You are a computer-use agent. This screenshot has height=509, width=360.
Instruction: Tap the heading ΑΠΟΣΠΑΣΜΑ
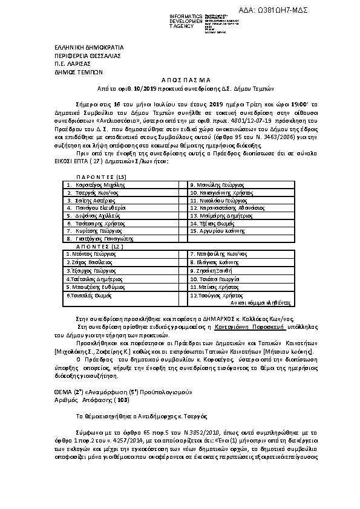[180, 79]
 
